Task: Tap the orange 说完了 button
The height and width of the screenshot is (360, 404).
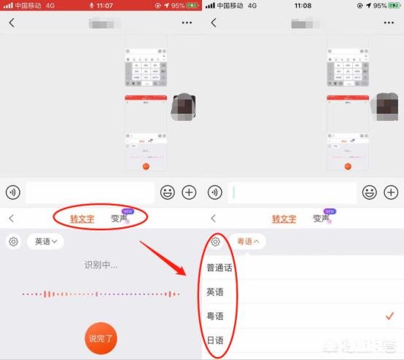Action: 101,337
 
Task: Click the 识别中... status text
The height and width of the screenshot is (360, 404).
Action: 101,265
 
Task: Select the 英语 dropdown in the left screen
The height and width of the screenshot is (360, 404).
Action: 45,241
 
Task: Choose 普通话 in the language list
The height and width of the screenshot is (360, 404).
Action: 219,267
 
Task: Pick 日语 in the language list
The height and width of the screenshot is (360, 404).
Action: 215,340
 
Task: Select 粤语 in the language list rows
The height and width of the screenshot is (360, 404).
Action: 215,316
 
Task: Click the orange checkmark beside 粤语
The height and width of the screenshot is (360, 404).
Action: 389,316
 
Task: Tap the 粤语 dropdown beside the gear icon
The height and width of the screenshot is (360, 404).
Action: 250,240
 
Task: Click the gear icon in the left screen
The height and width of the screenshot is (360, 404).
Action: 13,241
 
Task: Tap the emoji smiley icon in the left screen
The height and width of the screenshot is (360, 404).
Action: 167,192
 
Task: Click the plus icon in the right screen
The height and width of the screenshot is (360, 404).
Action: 391,192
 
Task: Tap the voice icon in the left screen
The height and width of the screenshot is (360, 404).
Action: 12,192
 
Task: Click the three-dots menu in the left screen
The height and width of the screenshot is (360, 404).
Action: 187,23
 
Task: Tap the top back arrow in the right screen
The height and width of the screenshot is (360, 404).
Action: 213,23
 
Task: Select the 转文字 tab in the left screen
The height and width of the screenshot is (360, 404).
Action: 82,218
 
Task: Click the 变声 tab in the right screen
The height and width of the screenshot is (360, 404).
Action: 321,218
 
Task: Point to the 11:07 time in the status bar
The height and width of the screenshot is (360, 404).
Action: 104,5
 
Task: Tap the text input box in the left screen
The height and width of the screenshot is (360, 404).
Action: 90,192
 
